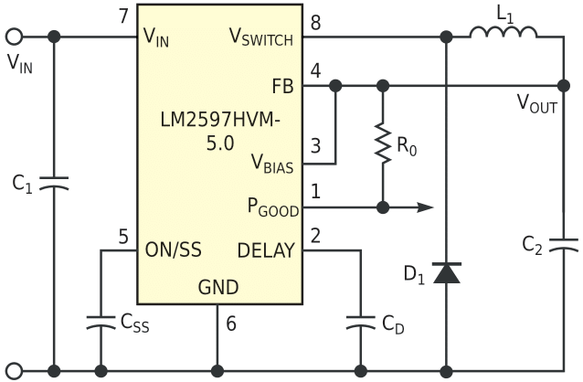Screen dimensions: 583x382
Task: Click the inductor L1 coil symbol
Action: click(503, 32)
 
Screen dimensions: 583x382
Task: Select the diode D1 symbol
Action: click(447, 273)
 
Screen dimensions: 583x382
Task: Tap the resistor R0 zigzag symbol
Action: click(383, 143)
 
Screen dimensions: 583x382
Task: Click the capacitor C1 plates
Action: click(54, 184)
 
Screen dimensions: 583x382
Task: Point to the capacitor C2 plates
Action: click(564, 245)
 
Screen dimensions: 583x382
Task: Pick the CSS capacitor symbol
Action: click(101, 323)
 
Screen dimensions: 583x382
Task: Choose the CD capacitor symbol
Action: click(360, 323)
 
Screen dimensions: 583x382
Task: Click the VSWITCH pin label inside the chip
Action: click(261, 37)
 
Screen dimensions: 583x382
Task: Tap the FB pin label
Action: click(282, 86)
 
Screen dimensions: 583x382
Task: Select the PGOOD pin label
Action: click(273, 207)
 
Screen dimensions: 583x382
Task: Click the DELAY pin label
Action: click(266, 250)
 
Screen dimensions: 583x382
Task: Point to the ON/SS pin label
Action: click(174, 249)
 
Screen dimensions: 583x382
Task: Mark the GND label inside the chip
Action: click(218, 287)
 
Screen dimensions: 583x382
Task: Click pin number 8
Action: click(315, 23)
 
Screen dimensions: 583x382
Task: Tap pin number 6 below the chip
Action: click(231, 324)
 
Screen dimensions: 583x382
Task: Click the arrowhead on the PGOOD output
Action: click(425, 207)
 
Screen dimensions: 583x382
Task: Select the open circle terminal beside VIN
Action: click(14, 37)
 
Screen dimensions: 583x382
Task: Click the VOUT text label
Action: click(537, 104)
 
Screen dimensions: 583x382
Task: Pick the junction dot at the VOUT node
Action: click(564, 86)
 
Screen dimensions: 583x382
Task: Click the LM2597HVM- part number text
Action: click(219, 120)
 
